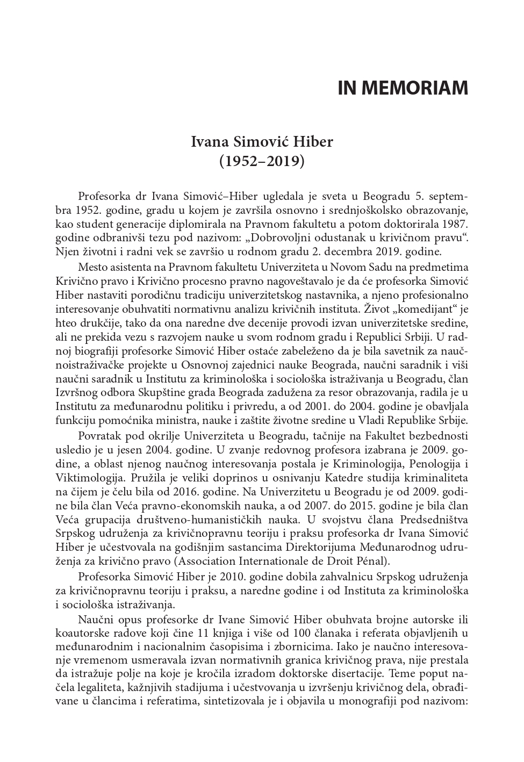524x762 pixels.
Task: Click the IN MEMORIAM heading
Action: click(403, 88)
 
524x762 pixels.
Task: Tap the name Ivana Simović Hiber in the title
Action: click(262, 142)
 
